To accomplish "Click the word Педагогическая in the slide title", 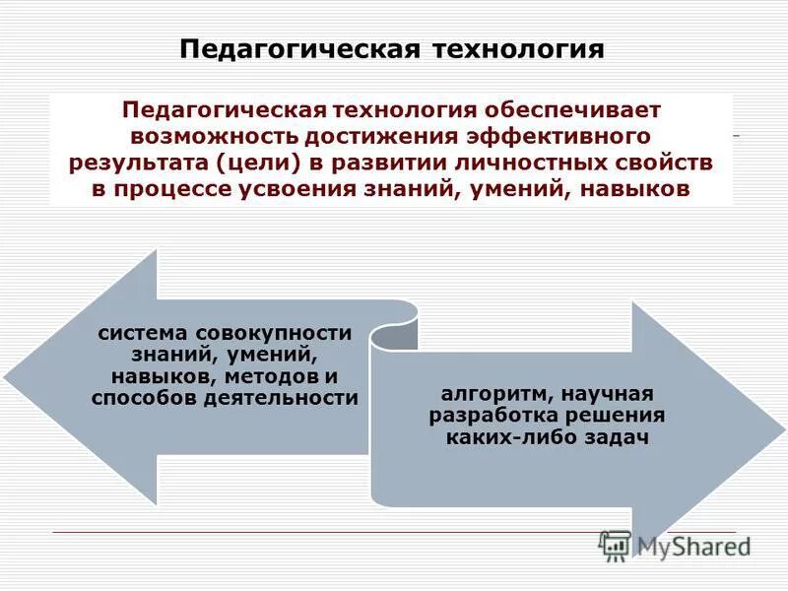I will tap(299, 48).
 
